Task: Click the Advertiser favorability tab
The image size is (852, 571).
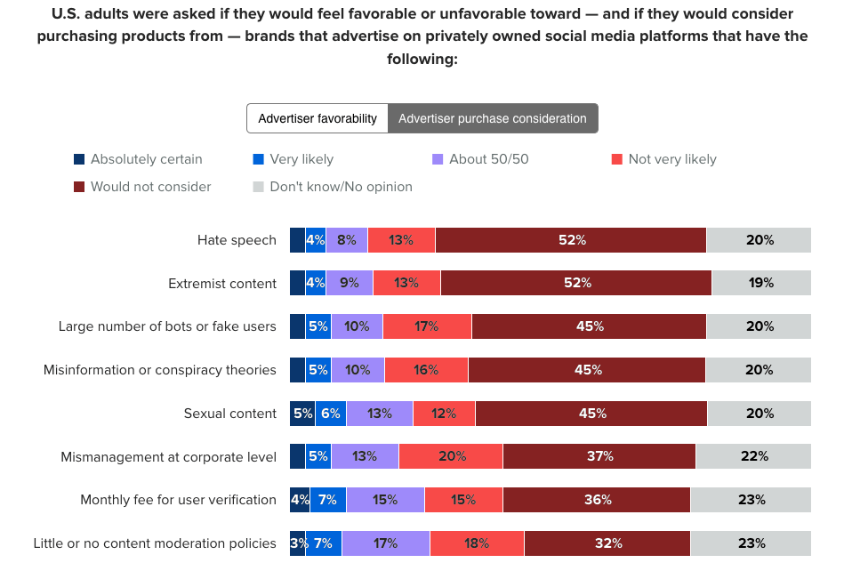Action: point(317,118)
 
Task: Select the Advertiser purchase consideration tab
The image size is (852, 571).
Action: point(493,118)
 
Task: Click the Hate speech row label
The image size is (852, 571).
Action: point(237,240)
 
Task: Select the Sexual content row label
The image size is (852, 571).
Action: point(230,414)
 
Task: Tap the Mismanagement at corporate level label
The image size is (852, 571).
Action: point(168,456)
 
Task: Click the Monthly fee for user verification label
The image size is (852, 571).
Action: point(178,500)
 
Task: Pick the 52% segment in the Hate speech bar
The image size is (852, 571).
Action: point(571,240)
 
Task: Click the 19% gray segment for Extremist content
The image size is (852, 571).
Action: point(761,283)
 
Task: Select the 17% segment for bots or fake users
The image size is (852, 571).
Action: point(427,326)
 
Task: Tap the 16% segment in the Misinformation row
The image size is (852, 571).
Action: point(426,370)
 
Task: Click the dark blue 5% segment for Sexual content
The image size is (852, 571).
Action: point(302,414)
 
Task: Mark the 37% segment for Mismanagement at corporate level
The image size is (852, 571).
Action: point(599,456)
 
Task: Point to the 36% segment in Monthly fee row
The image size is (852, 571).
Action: point(597,500)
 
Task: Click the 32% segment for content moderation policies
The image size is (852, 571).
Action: point(607,543)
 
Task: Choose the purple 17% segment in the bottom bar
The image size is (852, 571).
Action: point(386,543)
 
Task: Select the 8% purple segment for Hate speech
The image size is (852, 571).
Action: point(347,240)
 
